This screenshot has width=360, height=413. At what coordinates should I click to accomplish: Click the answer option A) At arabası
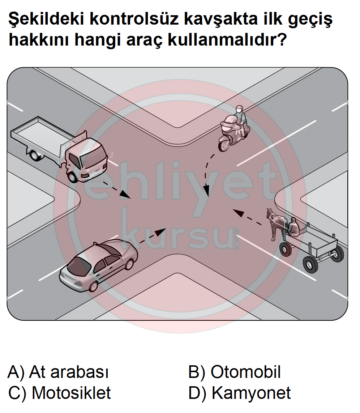tap(58, 372)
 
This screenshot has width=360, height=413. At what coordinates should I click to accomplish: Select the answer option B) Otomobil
tap(235, 372)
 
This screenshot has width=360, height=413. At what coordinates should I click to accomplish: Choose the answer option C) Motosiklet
tap(60, 393)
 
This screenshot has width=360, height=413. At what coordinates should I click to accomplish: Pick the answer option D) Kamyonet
tap(240, 393)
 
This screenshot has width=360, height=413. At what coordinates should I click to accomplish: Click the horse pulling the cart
tap(276, 223)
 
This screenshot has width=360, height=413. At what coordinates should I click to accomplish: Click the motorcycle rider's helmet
tap(239, 109)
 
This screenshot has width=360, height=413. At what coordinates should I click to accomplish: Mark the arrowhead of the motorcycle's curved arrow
tap(207, 190)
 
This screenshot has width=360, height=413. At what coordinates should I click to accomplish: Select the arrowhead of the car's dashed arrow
tap(160, 232)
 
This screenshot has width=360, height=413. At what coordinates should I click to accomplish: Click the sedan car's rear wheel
tap(94, 285)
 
